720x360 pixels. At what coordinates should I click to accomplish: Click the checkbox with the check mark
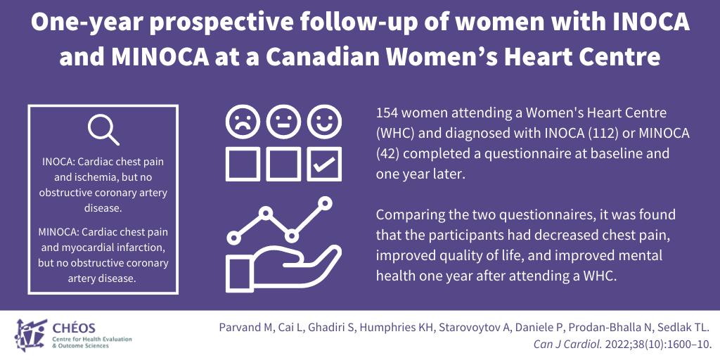coord(325,164)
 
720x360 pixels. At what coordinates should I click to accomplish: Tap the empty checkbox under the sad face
coord(243,164)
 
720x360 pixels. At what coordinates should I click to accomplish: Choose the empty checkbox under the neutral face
coord(284,164)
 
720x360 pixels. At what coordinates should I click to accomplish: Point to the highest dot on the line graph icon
coord(325,202)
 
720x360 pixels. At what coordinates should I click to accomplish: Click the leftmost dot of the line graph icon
coord(233,238)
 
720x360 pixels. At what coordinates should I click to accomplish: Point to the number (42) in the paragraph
coord(387,154)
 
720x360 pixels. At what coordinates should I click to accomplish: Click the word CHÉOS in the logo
coord(75,328)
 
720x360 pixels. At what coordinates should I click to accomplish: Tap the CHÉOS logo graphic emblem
coord(31,335)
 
